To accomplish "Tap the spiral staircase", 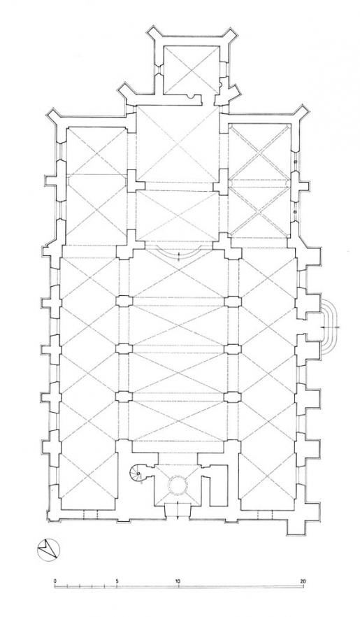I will pyautogui.click(x=138, y=476).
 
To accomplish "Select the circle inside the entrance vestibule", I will pyautogui.click(x=178, y=483).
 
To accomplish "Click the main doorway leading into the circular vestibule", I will pyautogui.click(x=178, y=515).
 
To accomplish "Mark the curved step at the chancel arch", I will pyautogui.click(x=178, y=253).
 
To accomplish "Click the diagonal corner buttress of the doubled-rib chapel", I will pyautogui.click(x=301, y=115).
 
